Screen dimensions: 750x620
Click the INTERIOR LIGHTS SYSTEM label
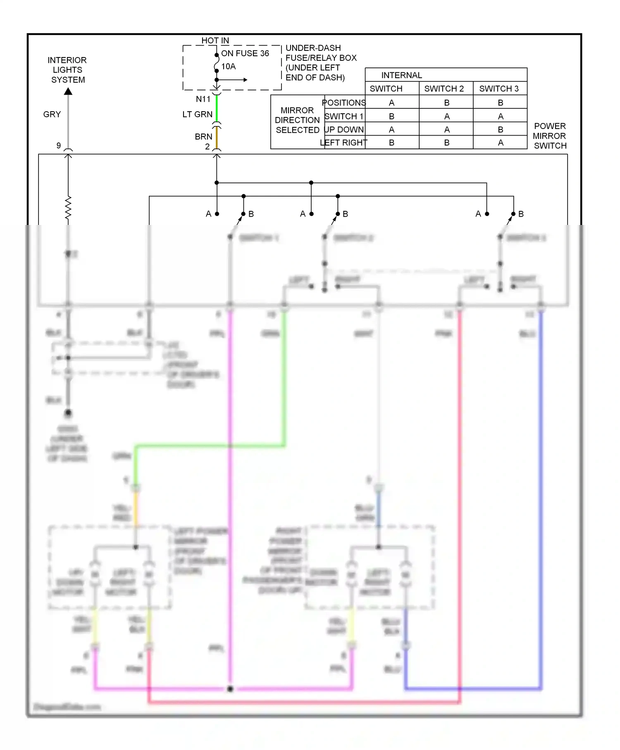pyautogui.click(x=67, y=70)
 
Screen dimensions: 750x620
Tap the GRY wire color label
pyautogui.click(x=52, y=114)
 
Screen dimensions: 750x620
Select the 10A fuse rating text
pyautogui.click(x=229, y=66)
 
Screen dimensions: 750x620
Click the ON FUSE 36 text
pyautogui.click(x=245, y=53)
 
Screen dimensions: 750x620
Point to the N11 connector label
pyautogui.click(x=203, y=99)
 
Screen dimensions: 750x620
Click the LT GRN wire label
pyautogui.click(x=198, y=114)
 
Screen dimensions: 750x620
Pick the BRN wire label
pyautogui.click(x=204, y=136)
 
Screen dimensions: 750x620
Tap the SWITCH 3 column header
pyautogui.click(x=499, y=88)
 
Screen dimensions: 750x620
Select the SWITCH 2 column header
pyautogui.click(x=444, y=88)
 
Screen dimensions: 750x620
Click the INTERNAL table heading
pyautogui.click(x=401, y=75)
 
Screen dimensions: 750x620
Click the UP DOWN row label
pyautogui.click(x=344, y=129)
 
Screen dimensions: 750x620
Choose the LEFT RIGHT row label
pyautogui.click(x=344, y=143)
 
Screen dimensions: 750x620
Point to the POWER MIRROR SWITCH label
pyautogui.click(x=550, y=136)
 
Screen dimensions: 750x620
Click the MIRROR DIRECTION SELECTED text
pyautogui.click(x=297, y=120)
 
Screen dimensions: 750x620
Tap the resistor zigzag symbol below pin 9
pyautogui.click(x=68, y=208)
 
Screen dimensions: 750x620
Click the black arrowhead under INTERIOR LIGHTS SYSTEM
pyautogui.click(x=68, y=91)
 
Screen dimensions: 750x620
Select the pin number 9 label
pyautogui.click(x=59, y=146)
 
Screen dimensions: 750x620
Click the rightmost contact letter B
pyautogui.click(x=521, y=214)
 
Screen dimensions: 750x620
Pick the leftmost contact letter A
pyautogui.click(x=208, y=214)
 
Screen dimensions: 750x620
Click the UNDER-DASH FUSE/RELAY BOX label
pyautogui.click(x=321, y=62)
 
